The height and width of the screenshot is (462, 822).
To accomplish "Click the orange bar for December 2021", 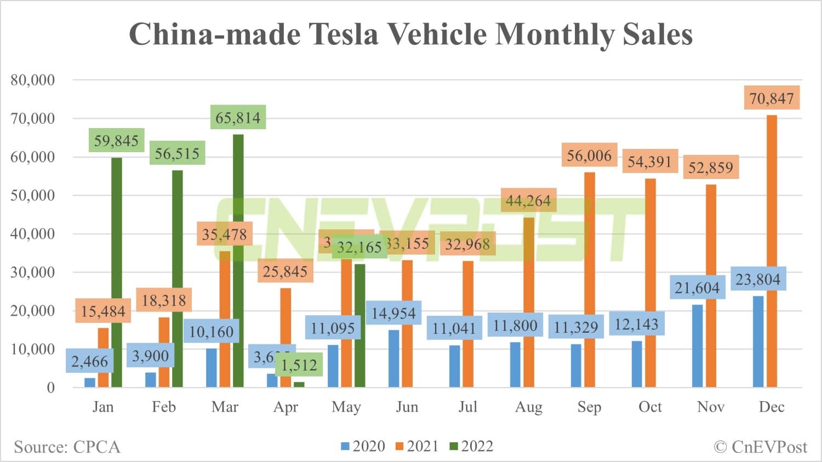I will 772,252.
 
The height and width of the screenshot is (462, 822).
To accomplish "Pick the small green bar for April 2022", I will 299,384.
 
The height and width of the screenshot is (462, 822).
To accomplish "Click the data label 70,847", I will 772,99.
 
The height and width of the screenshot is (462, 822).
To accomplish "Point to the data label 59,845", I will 116,141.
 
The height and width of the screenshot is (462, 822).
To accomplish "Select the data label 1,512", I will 299,365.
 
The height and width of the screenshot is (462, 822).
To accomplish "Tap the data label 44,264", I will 528,201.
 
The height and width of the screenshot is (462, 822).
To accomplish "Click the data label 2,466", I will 90,361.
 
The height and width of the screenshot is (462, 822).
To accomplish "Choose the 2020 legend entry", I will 363,447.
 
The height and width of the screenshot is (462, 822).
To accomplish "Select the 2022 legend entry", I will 471,447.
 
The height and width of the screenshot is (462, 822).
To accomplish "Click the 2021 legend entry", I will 417,447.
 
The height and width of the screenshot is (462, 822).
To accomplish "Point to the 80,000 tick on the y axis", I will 33,80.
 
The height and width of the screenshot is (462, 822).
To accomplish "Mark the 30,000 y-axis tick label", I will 33,272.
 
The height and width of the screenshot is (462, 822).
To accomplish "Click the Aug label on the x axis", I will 528,407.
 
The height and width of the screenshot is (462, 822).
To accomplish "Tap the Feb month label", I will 164,407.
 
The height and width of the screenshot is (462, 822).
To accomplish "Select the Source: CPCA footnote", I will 67,447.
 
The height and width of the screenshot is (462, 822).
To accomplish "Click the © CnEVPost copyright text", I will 761,447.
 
